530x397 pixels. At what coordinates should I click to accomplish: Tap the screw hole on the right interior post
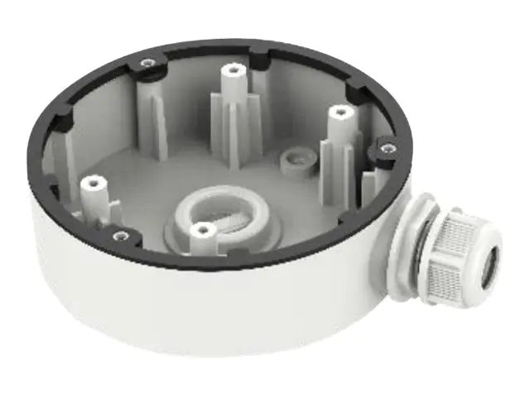coord(335,109)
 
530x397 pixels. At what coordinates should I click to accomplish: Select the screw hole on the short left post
coord(91,179)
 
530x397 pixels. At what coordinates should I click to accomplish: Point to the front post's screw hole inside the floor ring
coord(199,229)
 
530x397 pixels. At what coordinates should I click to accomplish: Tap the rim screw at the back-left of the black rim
coord(147,62)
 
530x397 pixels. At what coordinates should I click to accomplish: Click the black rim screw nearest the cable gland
coord(386,148)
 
